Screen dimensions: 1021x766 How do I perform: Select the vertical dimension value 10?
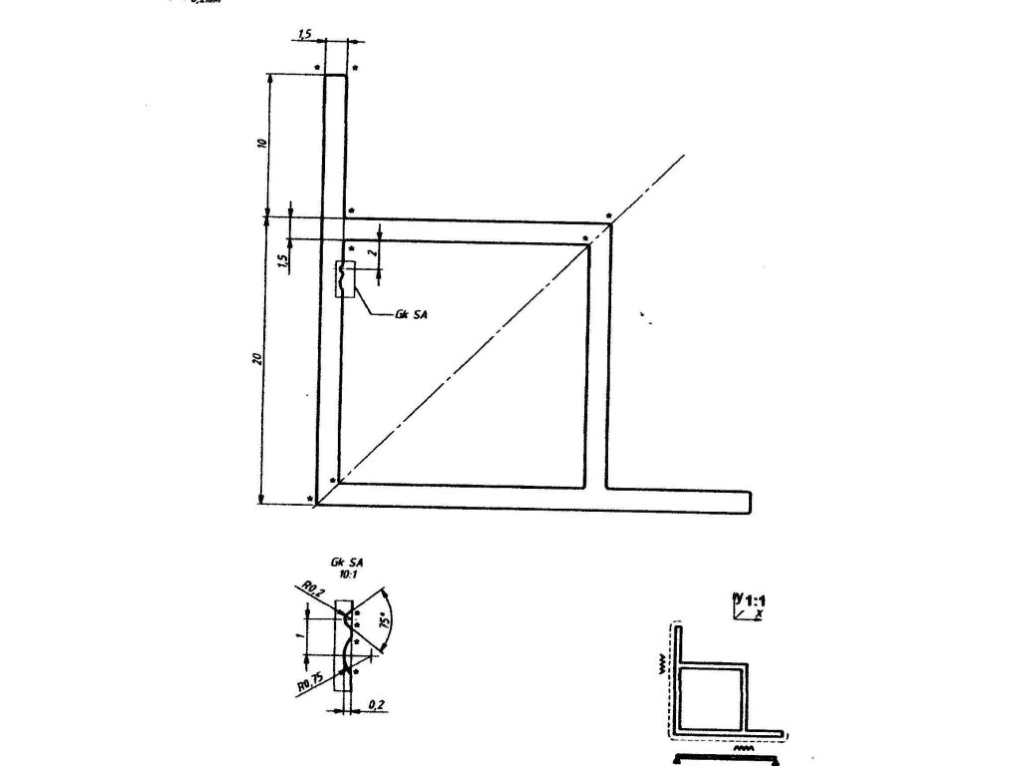pos(261,143)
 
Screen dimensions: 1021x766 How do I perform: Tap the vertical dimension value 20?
pos(256,358)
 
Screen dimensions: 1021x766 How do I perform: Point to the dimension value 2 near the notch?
pos(373,255)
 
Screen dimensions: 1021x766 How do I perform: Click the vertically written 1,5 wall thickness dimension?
pos(283,260)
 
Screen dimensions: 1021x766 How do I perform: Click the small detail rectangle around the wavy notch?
pos(344,280)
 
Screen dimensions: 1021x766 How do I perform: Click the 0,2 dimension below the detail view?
pos(376,704)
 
